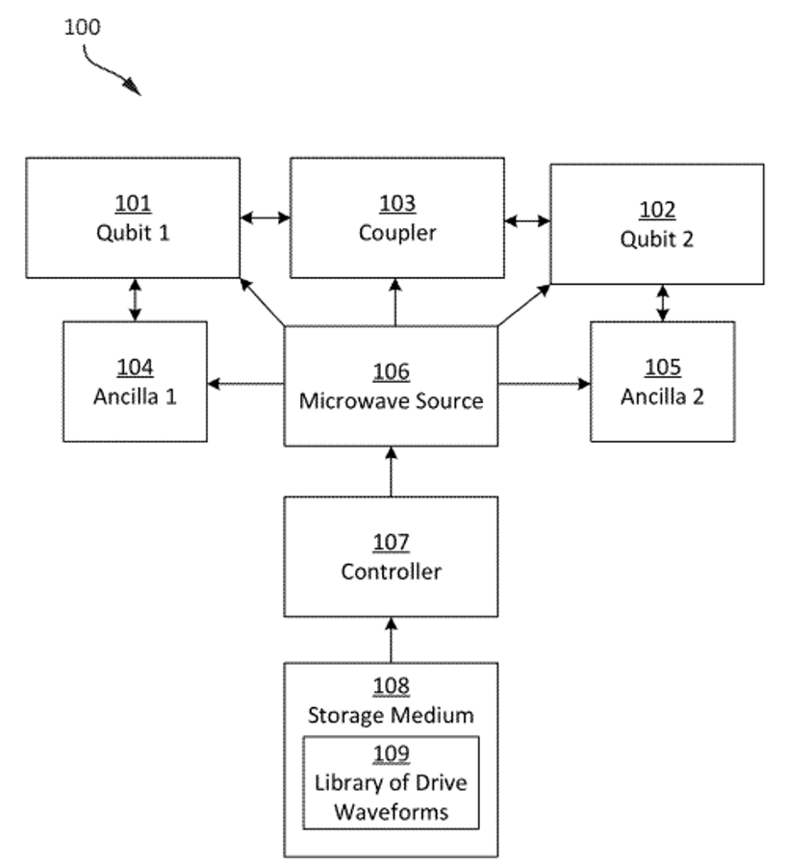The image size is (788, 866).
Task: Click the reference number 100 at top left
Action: (82, 26)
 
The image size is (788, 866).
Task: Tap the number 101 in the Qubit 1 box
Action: (133, 204)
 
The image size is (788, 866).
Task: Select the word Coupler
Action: (397, 232)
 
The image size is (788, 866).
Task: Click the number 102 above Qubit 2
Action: (657, 211)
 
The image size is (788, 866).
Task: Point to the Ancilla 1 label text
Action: (135, 395)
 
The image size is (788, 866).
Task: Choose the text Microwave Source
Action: (391, 400)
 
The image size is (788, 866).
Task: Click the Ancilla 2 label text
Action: (662, 395)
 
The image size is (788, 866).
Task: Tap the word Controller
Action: (391, 572)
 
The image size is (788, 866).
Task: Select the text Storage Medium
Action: (391, 715)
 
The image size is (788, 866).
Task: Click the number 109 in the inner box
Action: (391, 754)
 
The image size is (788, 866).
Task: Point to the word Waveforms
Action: (391, 811)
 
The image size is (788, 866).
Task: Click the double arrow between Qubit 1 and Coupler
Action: (266, 218)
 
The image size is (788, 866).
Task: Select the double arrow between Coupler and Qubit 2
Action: (527, 222)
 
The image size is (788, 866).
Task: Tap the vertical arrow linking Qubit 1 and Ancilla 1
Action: (135, 299)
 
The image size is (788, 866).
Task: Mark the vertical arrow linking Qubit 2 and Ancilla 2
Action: (662, 303)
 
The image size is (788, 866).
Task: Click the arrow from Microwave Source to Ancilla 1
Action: (245, 384)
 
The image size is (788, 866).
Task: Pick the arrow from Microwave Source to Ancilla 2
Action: (544, 384)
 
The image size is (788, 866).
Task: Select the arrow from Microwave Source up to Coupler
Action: (394, 301)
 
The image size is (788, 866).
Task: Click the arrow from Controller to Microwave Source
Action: (391, 471)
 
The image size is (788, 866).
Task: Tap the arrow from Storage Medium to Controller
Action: (391, 640)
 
